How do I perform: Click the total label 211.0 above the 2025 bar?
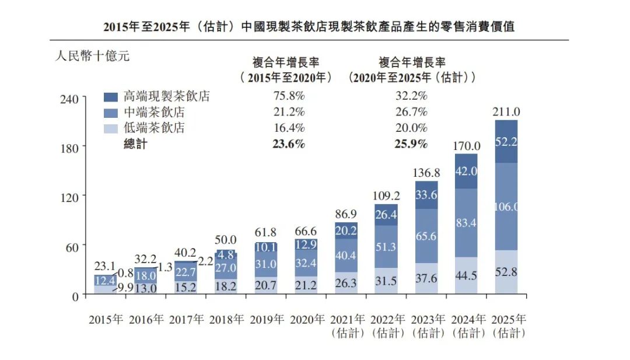[x=506, y=112]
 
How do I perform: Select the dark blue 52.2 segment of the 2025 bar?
[x=506, y=142]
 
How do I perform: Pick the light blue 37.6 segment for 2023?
[x=426, y=278]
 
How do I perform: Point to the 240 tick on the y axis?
[x=69, y=99]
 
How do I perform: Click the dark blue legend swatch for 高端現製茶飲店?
[x=111, y=97]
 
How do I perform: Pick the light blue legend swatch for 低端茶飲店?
[x=111, y=128]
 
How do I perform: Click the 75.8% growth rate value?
[x=289, y=96]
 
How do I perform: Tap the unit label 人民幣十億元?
[x=92, y=57]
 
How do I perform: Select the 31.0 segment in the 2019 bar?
[x=265, y=264]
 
